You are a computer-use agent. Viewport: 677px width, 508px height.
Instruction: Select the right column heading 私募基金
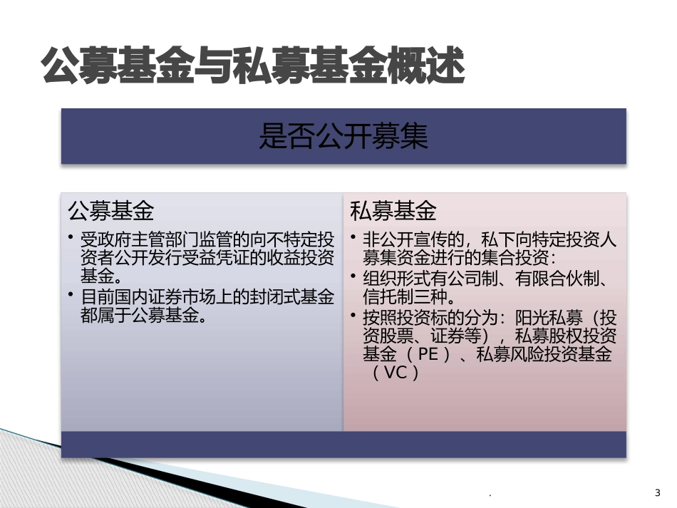[x=393, y=211]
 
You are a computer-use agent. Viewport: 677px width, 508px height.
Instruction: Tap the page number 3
[x=657, y=492]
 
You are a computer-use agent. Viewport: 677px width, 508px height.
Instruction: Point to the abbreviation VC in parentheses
[x=396, y=373]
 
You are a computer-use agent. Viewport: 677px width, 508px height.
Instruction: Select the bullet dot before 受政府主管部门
[x=72, y=237]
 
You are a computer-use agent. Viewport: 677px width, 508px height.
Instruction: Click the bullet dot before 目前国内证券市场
[x=72, y=294]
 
